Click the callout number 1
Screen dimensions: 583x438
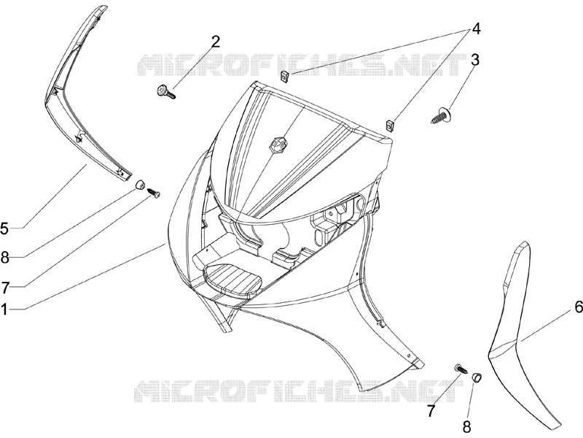click(x=4, y=309)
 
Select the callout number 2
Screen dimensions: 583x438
click(x=216, y=42)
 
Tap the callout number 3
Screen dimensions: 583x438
click(x=475, y=60)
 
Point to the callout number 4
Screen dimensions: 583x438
click(x=476, y=28)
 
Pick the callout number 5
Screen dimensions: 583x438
click(x=4, y=228)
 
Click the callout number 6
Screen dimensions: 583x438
click(x=579, y=307)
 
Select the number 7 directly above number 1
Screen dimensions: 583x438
click(x=4, y=288)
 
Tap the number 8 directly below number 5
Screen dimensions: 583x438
click(x=4, y=258)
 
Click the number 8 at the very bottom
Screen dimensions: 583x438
click(x=466, y=426)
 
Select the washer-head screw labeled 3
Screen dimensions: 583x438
click(x=442, y=115)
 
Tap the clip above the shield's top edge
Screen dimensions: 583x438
click(x=284, y=77)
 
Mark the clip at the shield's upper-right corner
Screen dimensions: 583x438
click(x=389, y=126)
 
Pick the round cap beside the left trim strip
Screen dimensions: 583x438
click(x=140, y=185)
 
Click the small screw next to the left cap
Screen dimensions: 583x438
click(x=154, y=193)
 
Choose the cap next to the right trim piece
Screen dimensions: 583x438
click(x=477, y=377)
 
